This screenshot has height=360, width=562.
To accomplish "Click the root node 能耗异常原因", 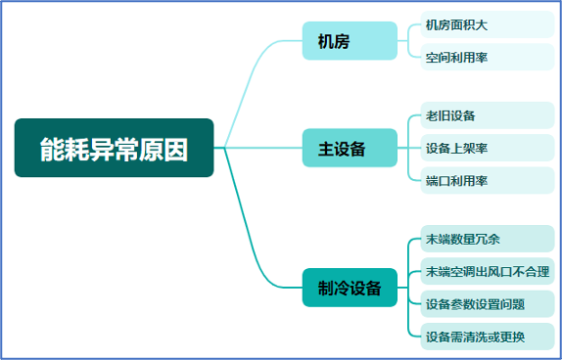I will coord(114,149).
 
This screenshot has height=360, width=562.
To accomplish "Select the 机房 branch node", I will coord(336,41).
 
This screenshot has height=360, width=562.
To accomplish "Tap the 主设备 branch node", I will coord(342,148).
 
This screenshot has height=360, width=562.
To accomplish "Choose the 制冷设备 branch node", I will coord(350,288).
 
